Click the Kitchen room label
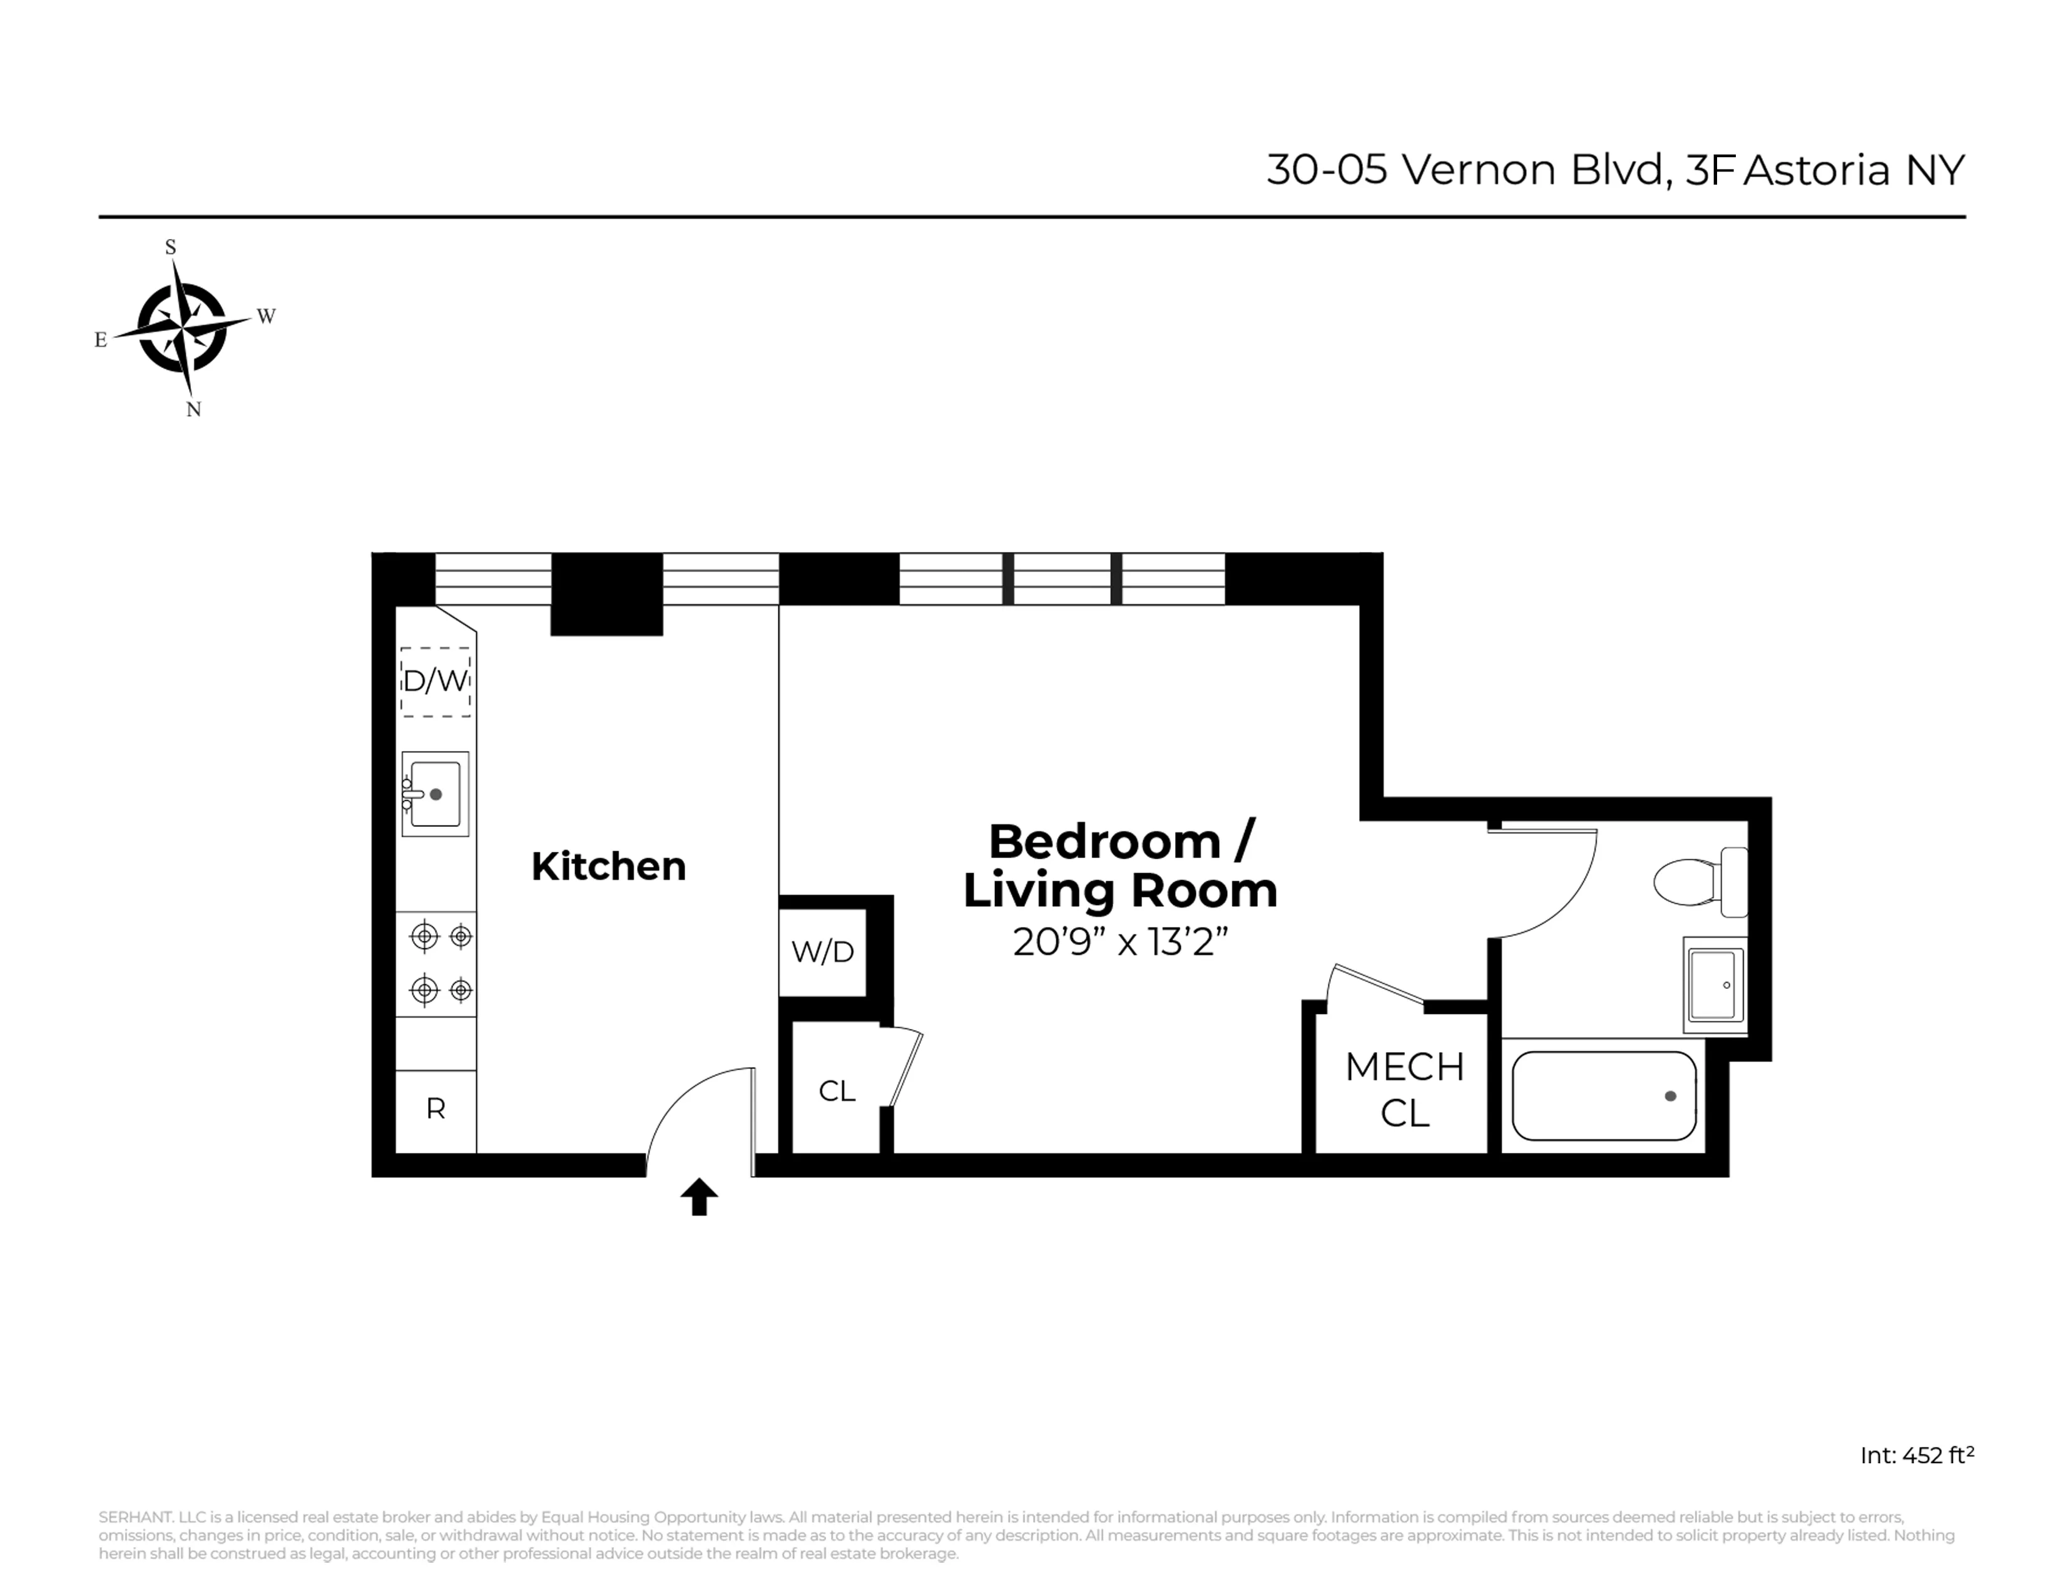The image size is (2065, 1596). tap(608, 866)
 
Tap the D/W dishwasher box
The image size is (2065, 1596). tap(435, 681)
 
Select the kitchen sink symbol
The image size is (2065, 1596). tap(435, 794)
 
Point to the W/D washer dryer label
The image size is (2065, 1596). tap(823, 952)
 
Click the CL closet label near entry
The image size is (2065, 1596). tap(837, 1091)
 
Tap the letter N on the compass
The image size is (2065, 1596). tap(194, 409)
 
